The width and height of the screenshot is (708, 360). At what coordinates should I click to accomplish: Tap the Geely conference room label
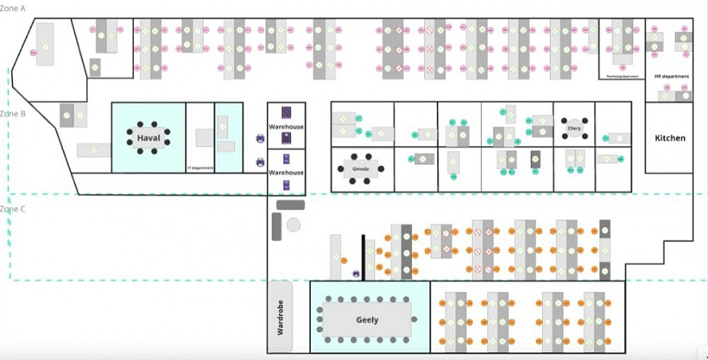[x=368, y=319]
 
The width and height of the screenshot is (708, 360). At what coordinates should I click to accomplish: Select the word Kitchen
[x=670, y=138]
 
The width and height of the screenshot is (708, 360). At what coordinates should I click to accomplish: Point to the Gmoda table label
[x=361, y=168]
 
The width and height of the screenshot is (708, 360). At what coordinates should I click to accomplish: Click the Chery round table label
[x=574, y=129]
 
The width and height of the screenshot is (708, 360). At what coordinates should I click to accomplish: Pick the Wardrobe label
[x=280, y=317]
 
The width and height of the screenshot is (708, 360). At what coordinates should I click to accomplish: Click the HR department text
[x=671, y=77]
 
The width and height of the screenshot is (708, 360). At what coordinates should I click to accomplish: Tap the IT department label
[x=200, y=167]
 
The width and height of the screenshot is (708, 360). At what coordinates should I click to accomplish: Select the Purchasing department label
[x=622, y=76]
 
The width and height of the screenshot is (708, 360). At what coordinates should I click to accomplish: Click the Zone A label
[x=15, y=7]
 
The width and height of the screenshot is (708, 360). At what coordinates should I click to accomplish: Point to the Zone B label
[x=14, y=113]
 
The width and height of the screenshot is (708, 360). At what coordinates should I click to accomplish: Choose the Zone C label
[x=14, y=209]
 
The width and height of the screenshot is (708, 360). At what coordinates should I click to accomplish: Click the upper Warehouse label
[x=286, y=127]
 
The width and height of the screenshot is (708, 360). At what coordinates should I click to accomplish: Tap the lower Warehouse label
[x=286, y=173]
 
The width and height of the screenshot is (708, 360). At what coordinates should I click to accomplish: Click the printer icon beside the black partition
[x=356, y=274]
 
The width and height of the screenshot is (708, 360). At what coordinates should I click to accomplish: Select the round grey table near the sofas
[x=294, y=224]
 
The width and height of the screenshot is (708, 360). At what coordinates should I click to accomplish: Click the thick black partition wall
[x=363, y=256]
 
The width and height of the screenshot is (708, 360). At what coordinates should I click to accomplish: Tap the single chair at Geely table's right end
[x=420, y=319]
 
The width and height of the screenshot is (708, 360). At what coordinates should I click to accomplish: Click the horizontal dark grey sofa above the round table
[x=291, y=205]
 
